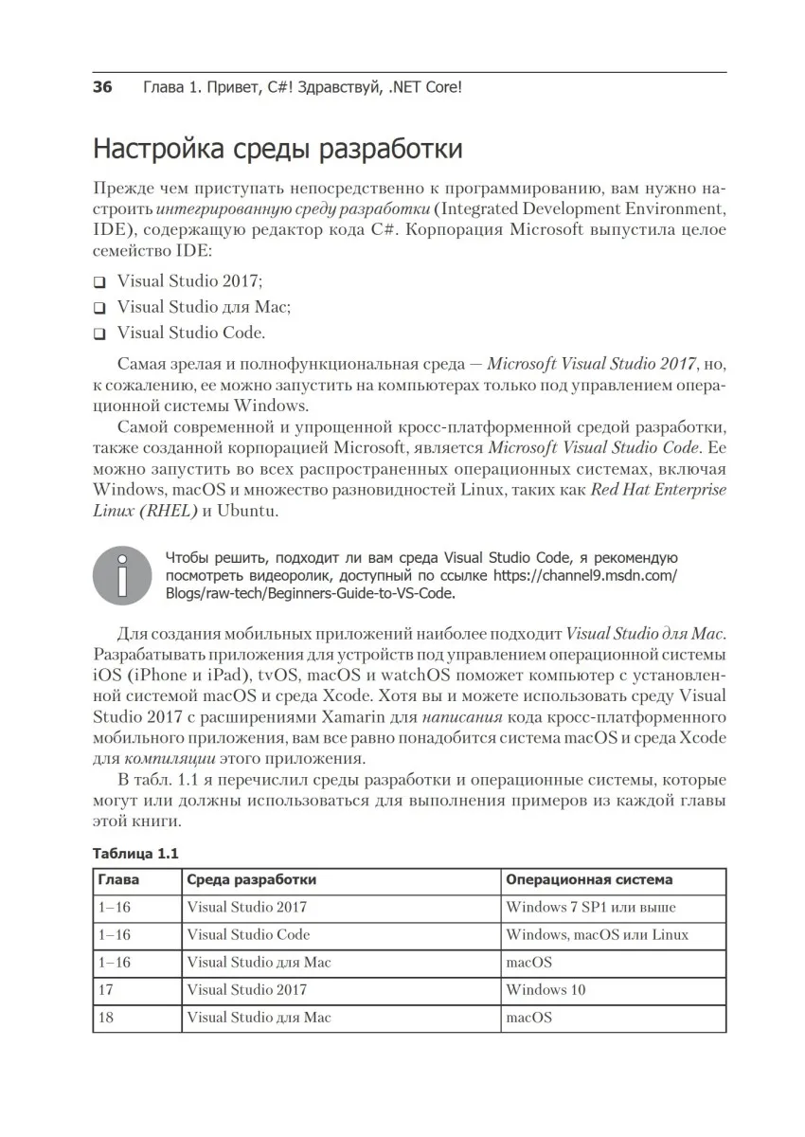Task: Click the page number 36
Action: pyautogui.click(x=102, y=88)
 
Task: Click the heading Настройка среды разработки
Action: pyautogui.click(x=277, y=150)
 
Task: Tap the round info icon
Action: pyautogui.click(x=120, y=573)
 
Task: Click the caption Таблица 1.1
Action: pyautogui.click(x=134, y=853)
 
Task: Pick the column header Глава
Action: pyautogui.click(x=118, y=879)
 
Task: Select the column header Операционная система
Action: pyautogui.click(x=589, y=879)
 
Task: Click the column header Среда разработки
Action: pyautogui.click(x=251, y=879)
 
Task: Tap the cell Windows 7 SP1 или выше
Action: pyautogui.click(x=590, y=907)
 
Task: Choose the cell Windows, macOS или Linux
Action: pyautogui.click(x=597, y=934)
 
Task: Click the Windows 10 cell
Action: pyautogui.click(x=546, y=990)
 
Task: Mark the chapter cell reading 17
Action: pyautogui.click(x=106, y=990)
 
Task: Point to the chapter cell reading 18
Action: pyautogui.click(x=106, y=1018)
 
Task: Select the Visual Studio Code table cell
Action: pyautogui.click(x=248, y=934)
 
